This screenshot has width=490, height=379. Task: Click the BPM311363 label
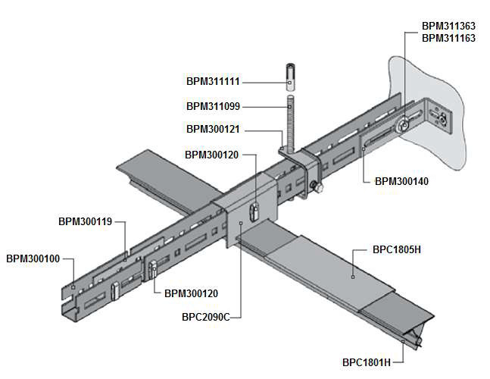[x=448, y=26]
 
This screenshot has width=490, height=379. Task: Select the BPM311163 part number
[x=448, y=37]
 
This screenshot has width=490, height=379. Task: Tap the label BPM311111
[x=213, y=80]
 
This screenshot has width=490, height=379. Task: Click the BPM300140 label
[x=402, y=181]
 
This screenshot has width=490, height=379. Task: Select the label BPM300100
[x=33, y=258]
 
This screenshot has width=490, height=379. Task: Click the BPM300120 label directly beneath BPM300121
[x=212, y=155]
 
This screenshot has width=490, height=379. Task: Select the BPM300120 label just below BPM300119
[x=191, y=293]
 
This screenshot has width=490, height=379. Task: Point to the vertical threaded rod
[x=290, y=121]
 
